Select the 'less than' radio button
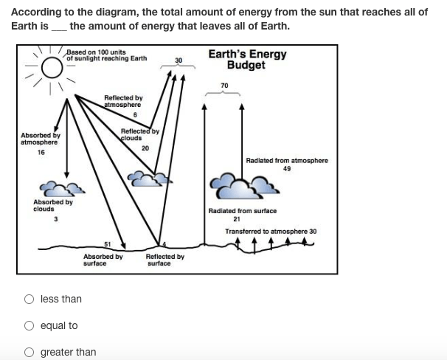click(29, 299)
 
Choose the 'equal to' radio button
click(29, 325)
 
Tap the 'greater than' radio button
click(29, 353)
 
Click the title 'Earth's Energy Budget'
click(247, 59)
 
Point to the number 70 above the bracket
click(224, 86)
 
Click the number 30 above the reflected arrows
click(179, 60)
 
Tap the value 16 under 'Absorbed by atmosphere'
click(41, 153)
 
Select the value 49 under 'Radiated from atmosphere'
click(287, 169)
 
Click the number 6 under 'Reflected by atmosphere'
click(135, 115)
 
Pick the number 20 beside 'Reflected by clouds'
click(145, 148)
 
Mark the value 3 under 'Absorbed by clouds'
click(56, 219)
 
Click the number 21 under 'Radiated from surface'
click(237, 219)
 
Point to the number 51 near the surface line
click(107, 244)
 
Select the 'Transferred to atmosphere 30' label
click(271, 232)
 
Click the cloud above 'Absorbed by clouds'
click(61, 189)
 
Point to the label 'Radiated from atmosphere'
click(287, 161)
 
